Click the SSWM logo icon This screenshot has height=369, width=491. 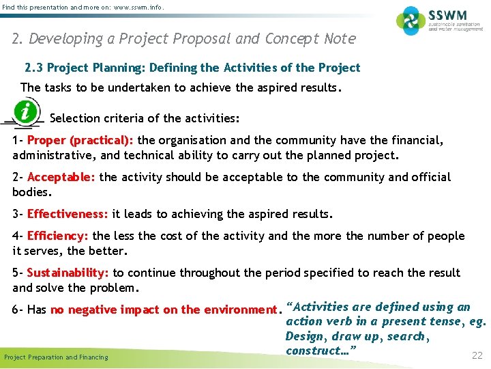[x=411, y=20]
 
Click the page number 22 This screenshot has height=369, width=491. [x=477, y=355]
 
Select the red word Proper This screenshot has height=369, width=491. [x=47, y=141]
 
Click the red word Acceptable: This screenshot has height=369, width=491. [x=61, y=178]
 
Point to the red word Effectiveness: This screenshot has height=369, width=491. [x=68, y=214]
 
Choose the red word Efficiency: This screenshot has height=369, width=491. [x=58, y=236]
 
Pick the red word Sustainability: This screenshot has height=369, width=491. [x=68, y=273]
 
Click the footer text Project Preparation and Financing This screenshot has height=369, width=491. [x=56, y=357]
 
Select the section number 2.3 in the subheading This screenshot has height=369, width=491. [x=33, y=68]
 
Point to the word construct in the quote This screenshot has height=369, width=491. [x=310, y=351]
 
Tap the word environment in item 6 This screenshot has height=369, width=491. [x=241, y=310]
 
